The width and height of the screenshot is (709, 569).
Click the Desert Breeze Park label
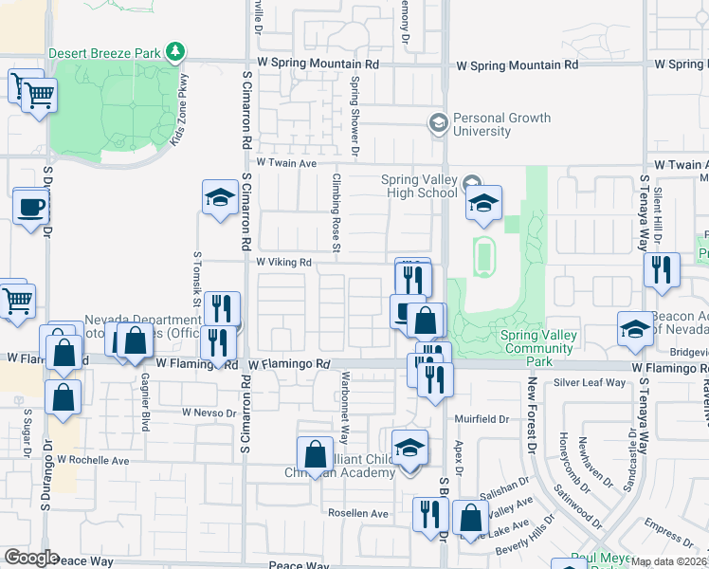coord(104,52)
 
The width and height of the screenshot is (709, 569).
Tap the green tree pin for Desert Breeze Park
coord(174,51)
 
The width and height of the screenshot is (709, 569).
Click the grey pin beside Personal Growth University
coord(438,122)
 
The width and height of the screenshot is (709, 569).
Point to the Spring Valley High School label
coord(419,186)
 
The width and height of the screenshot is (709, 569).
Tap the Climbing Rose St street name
coord(336,213)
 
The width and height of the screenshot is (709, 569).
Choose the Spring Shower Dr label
coord(354,116)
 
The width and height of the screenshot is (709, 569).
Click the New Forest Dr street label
coord(533,415)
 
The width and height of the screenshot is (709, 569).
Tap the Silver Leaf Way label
coord(591,382)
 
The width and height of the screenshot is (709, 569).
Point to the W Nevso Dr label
coord(209,413)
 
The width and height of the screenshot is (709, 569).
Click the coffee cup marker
coord(30,207)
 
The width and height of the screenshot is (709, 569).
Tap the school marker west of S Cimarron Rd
coord(220,198)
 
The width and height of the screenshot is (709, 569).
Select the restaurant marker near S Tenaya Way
coord(662,269)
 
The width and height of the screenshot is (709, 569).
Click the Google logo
coord(31,558)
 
